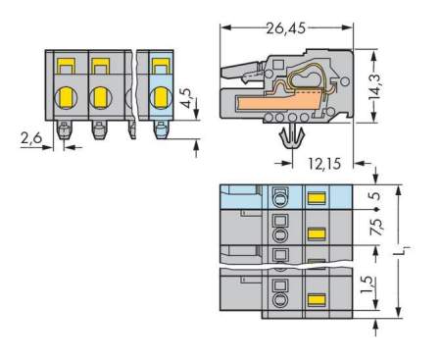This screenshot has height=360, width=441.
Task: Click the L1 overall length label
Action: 410,252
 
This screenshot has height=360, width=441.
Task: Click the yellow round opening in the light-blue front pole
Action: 160,98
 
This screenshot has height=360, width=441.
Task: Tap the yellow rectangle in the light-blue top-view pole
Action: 317,198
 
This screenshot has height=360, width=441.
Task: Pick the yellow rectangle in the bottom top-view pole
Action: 317,298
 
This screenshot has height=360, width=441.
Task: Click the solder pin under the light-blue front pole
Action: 160,129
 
